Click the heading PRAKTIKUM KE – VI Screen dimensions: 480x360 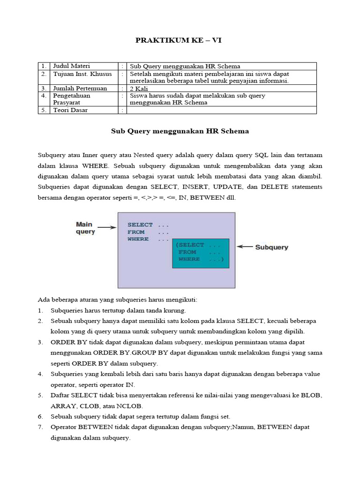click(x=178, y=40)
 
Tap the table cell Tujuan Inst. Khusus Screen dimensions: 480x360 click(x=82, y=74)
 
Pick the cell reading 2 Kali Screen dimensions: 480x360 click(x=139, y=88)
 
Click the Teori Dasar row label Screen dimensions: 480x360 click(x=70, y=110)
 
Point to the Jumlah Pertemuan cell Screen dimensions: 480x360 click(x=80, y=88)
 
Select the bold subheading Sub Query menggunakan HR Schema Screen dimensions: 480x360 click(x=180, y=131)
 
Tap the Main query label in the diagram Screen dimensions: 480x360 click(x=85, y=228)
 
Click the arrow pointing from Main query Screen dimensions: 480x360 click(x=107, y=228)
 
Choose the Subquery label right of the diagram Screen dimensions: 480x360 click(x=271, y=247)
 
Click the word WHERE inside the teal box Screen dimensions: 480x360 click(x=189, y=259)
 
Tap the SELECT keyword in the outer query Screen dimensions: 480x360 click(x=140, y=225)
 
